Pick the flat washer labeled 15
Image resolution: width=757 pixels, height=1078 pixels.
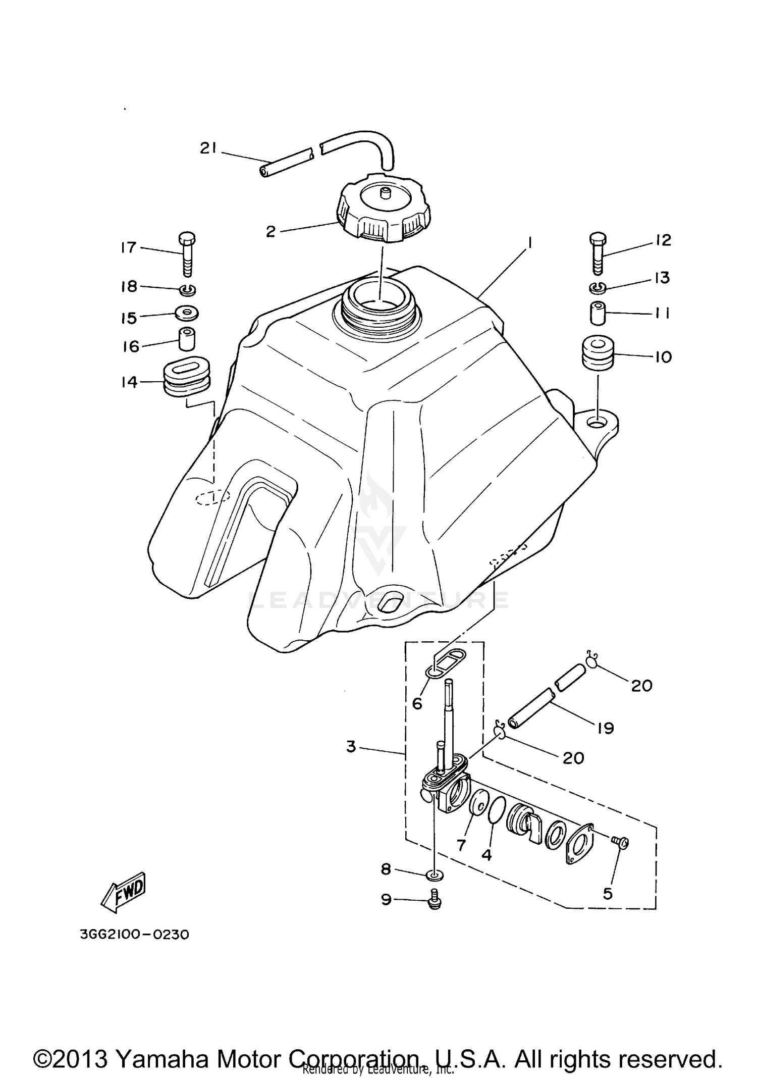(x=187, y=313)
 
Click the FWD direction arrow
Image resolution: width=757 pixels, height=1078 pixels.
(x=124, y=897)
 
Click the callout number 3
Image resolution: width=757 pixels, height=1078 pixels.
(x=351, y=746)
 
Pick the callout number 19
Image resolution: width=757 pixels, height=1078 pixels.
(x=605, y=728)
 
